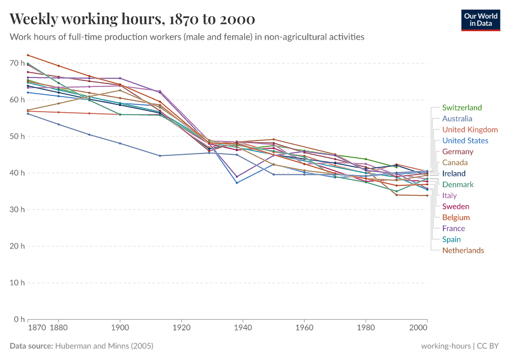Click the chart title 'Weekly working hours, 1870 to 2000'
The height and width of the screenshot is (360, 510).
pos(132,19)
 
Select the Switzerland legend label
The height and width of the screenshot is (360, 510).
pos(462,108)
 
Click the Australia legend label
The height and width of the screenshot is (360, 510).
pos(457,119)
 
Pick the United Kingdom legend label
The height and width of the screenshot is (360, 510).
pos(470,130)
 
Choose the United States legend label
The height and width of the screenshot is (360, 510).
pos(465,141)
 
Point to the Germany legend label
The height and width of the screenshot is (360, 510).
pos(458,152)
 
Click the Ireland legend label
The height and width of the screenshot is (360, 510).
pos(454,173)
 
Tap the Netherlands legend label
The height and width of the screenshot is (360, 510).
pos(463,250)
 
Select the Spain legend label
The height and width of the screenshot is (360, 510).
pos(451,239)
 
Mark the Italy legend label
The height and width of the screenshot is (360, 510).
pos(449,196)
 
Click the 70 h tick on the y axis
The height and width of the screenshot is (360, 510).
pos(16,63)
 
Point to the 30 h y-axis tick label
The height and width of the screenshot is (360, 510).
pos(16,209)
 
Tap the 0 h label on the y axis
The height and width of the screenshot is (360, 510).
pos(18,319)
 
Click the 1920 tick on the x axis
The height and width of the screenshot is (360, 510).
pos(182,328)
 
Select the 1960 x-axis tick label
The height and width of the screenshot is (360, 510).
pos(304,328)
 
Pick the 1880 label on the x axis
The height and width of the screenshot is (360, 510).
pos(58,328)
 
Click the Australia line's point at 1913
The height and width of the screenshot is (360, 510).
pos(160,155)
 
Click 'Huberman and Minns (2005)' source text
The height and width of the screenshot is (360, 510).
pos(104,346)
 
